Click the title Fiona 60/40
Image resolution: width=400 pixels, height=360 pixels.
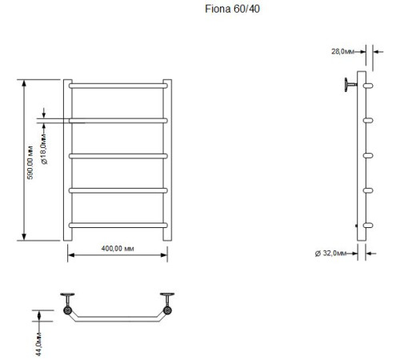click(232, 9)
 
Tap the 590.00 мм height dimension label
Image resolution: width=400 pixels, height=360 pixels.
click(30, 162)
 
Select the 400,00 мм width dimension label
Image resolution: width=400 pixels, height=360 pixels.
click(118, 249)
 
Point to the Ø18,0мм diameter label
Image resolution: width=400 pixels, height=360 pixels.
click(44, 149)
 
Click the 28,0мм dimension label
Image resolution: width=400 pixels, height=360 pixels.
click(342, 51)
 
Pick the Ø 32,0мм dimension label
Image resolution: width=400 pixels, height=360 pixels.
click(330, 253)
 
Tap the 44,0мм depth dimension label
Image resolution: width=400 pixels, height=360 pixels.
click(38, 344)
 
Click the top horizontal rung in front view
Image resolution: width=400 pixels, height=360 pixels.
click(118, 86)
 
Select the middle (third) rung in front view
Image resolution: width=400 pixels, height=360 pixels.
click(118, 156)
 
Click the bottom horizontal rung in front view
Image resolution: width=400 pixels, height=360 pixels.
click(118, 226)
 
